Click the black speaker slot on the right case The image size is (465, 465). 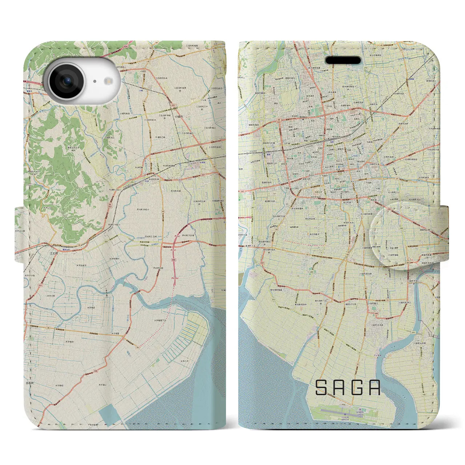coord(343,60)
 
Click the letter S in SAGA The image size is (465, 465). coord(321,388)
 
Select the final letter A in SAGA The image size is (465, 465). coord(374,388)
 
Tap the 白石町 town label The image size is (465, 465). coord(29,383)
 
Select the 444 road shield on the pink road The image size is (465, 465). coord(174,260)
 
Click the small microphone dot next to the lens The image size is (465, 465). coord(94,81)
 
